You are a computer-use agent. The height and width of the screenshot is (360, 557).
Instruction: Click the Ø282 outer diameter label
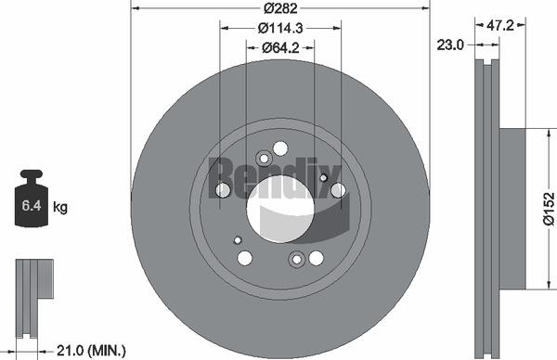pyautogui.click(x=280, y=7)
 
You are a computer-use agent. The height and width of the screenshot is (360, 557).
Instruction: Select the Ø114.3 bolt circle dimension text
pyautogui.click(x=280, y=28)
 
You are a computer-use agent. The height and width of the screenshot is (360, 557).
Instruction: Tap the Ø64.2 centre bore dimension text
pyautogui.click(x=280, y=47)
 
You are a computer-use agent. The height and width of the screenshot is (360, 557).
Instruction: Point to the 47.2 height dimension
pyautogui.click(x=499, y=25)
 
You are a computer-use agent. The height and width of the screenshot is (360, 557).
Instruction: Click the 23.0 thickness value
pyautogui.click(x=450, y=45)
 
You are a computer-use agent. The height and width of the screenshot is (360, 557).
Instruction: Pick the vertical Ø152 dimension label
pyautogui.click(x=549, y=209)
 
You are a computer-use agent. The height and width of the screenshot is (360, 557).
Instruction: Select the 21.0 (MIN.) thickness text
pyautogui.click(x=91, y=351)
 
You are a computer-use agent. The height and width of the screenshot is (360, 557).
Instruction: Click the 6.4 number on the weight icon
pyautogui.click(x=32, y=206)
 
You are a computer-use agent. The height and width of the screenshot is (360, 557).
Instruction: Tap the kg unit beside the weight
pyautogui.click(x=60, y=207)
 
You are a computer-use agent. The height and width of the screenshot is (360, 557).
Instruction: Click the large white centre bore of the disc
pyautogui.click(x=280, y=209)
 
